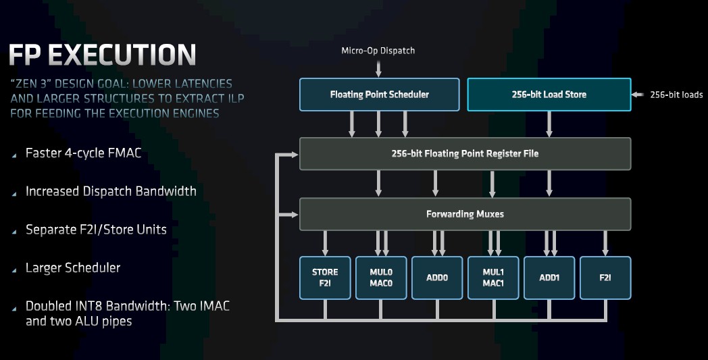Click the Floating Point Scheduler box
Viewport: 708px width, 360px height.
pyautogui.click(x=379, y=95)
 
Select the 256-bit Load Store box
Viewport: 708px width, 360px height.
pyautogui.click(x=549, y=95)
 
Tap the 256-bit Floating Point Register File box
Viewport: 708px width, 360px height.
pyautogui.click(x=465, y=153)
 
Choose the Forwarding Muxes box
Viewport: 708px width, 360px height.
pyautogui.click(x=465, y=214)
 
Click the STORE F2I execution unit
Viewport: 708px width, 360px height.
pyautogui.click(x=325, y=278)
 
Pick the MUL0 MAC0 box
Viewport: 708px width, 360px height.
pyautogui.click(x=381, y=278)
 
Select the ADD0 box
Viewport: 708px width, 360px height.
pyautogui.click(x=437, y=278)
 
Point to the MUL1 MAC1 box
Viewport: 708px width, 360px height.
pyautogui.click(x=493, y=278)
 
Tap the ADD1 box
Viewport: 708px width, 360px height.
pyautogui.click(x=549, y=278)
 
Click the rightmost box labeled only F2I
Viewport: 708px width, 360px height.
pyautogui.click(x=605, y=278)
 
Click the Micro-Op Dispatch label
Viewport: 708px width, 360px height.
pyautogui.click(x=378, y=51)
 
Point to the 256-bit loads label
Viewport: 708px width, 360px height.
pyautogui.click(x=676, y=95)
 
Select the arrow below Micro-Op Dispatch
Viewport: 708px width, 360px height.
pyautogui.click(x=378, y=68)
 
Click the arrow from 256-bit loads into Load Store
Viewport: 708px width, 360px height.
pyautogui.click(x=638, y=95)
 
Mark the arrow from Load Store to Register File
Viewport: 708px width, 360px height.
pyautogui.click(x=549, y=124)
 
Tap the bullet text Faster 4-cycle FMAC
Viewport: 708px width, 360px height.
pyautogui.click(x=83, y=153)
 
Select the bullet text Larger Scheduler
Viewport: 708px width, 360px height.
pyautogui.click(x=73, y=268)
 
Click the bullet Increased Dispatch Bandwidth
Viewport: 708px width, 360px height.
pyautogui.click(x=111, y=191)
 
